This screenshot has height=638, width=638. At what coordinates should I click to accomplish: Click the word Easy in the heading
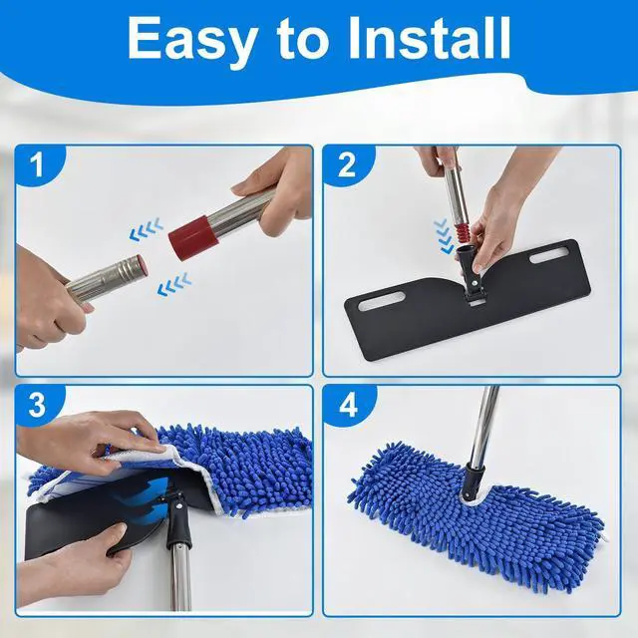(x=191, y=40)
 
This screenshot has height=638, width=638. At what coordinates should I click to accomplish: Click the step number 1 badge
(x=38, y=164)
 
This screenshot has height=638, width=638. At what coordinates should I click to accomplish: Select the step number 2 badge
(x=347, y=164)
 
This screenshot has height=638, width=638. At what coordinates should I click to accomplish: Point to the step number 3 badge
(x=38, y=405)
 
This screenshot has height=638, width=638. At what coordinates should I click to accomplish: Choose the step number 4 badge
(x=348, y=405)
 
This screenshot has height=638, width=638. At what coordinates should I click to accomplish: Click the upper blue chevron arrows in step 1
(x=147, y=229)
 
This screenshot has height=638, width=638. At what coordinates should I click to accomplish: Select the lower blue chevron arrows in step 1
(x=174, y=283)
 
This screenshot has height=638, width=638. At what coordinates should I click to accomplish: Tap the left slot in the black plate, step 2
(x=381, y=302)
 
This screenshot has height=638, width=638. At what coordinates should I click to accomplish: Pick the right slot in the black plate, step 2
(x=549, y=255)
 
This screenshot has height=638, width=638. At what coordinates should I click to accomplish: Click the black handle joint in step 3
(x=177, y=519)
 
